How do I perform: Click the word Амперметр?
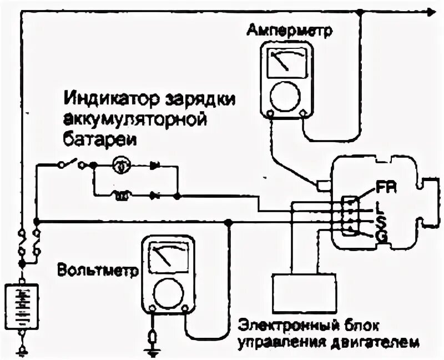[x=290, y=29]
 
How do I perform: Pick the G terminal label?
[x=381, y=237]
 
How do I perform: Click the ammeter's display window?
[x=286, y=63]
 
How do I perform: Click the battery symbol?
[x=21, y=306]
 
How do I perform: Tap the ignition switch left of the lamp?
[x=69, y=163]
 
